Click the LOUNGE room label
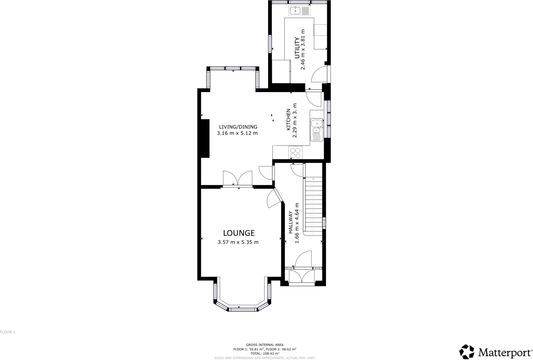coord(239,233)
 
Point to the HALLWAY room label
coord(290,222)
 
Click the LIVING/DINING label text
coord(238,127)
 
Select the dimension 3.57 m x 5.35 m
coord(238,242)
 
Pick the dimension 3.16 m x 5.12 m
coord(237,133)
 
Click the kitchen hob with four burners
coord(295,153)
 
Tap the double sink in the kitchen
coord(316,129)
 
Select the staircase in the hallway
coord(313,205)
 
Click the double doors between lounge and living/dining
coord(237,179)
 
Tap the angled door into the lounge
coord(274,198)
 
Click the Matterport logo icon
coord(466,352)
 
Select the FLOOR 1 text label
coord(8,332)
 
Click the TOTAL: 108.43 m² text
coord(264,353)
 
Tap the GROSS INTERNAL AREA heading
coord(264,345)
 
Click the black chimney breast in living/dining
coord(204,138)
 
